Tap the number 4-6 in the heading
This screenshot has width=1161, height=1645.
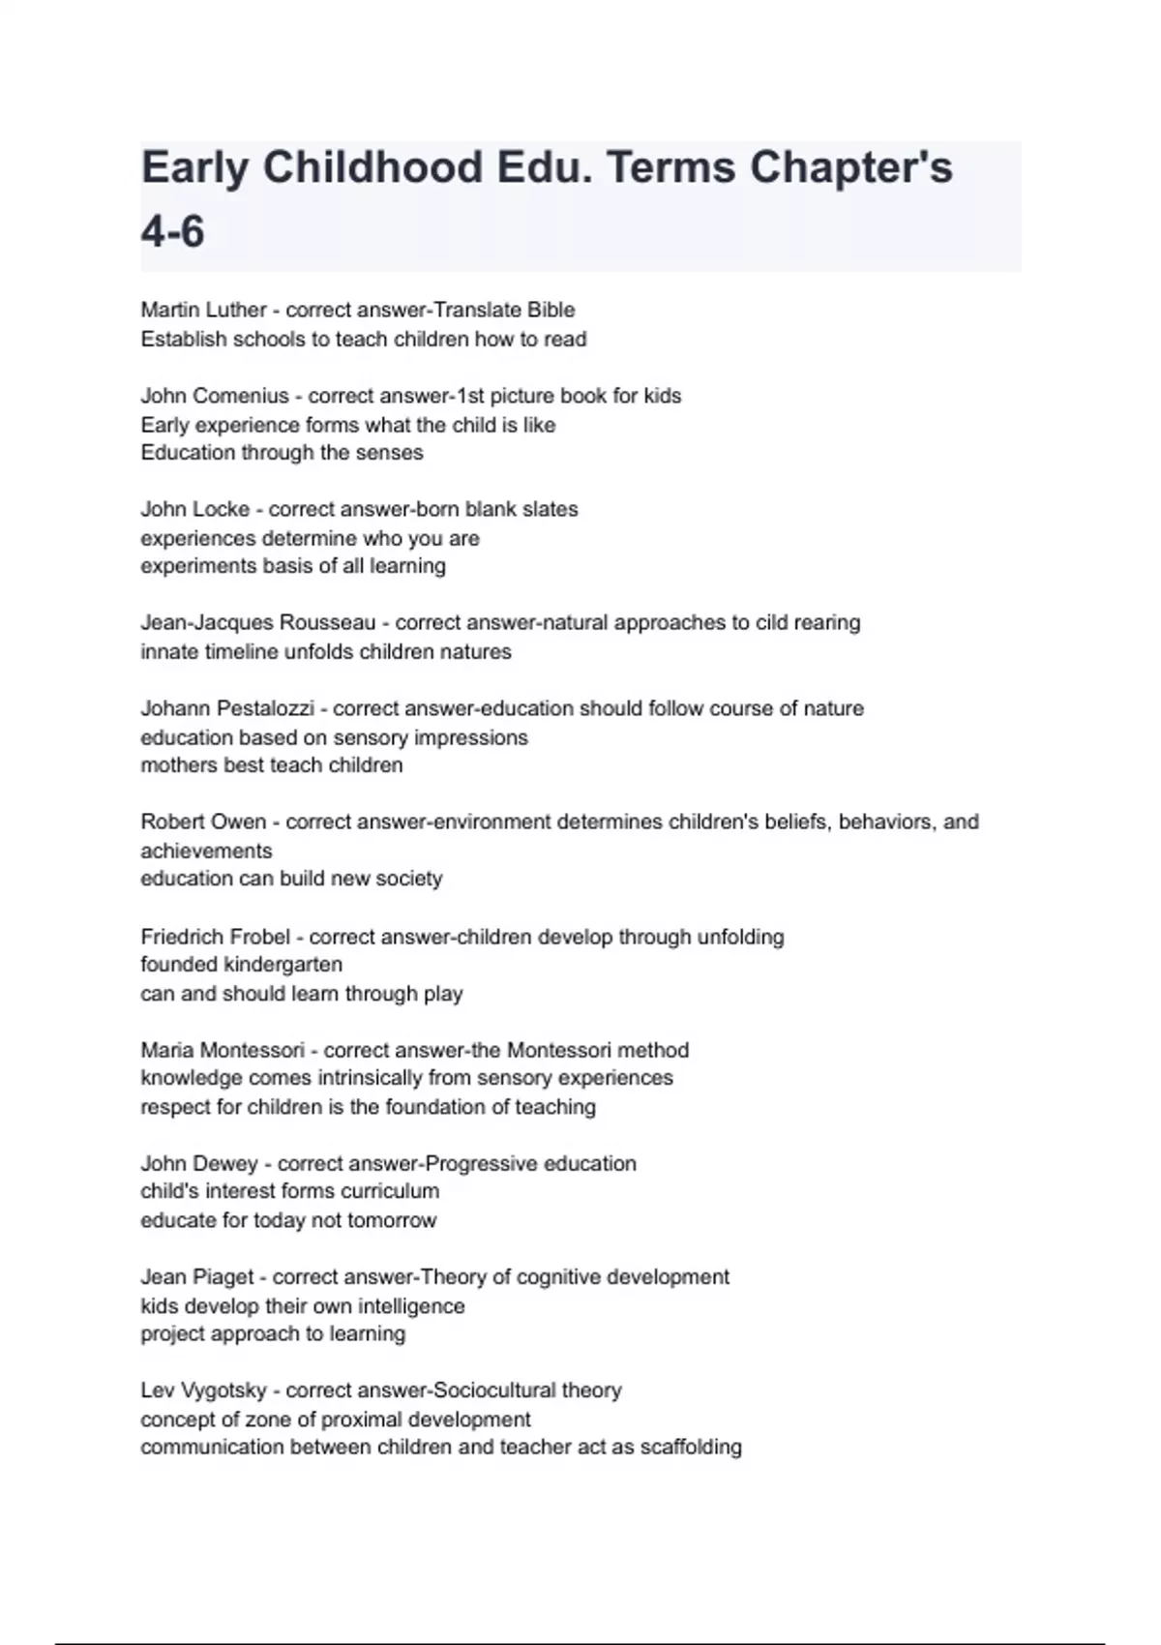pos(172,232)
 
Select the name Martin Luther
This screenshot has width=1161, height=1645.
pos(203,310)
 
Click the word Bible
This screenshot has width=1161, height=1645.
pos(551,310)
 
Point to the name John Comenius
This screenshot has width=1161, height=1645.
pos(215,396)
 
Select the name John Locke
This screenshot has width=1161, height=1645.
pos(194,509)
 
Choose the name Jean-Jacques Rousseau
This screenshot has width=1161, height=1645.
pos(257,622)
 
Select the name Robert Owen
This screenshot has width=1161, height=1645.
pos(203,822)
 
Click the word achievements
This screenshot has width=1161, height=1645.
pos(206,851)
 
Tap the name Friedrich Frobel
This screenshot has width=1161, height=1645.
pos(215,937)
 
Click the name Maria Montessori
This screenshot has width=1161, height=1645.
pos(223,1050)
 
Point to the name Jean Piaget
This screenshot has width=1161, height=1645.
pos(198,1277)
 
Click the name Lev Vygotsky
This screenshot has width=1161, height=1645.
pos(203,1391)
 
